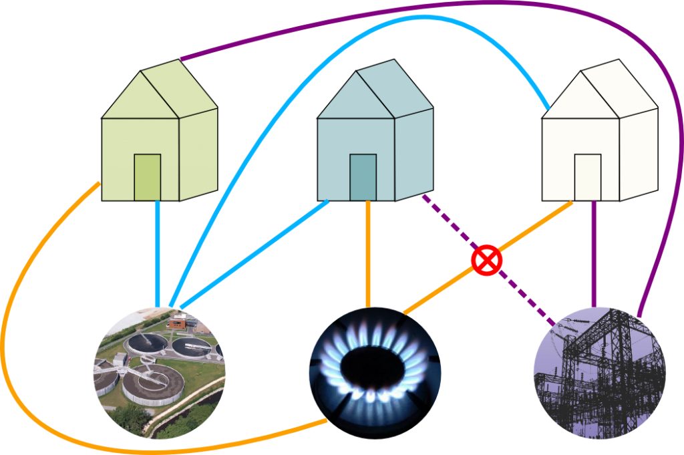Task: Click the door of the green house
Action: click(148, 177)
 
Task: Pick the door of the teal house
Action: click(363, 177)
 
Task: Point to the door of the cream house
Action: click(588, 177)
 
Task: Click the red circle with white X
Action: click(486, 260)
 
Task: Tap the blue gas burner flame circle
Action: click(375, 371)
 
